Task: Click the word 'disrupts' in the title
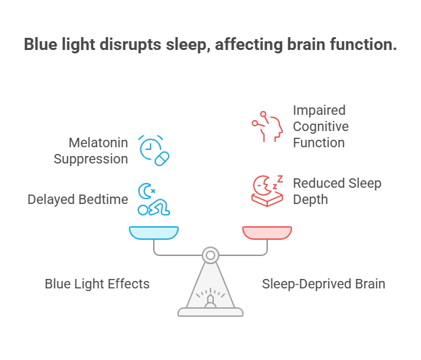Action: (130, 45)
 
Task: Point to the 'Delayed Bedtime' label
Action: (78, 199)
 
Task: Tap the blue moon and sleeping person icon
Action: (153, 199)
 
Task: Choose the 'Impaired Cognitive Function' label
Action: (320, 126)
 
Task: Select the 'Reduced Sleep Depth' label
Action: (337, 191)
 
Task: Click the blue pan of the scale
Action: (154, 232)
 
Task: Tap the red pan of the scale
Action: (267, 232)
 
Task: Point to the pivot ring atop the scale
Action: (210, 255)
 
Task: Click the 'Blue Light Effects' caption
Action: (97, 284)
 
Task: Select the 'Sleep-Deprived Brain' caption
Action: (323, 284)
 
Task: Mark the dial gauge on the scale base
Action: (210, 297)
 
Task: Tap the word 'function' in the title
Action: (364, 45)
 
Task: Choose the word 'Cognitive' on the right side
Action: (320, 126)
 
